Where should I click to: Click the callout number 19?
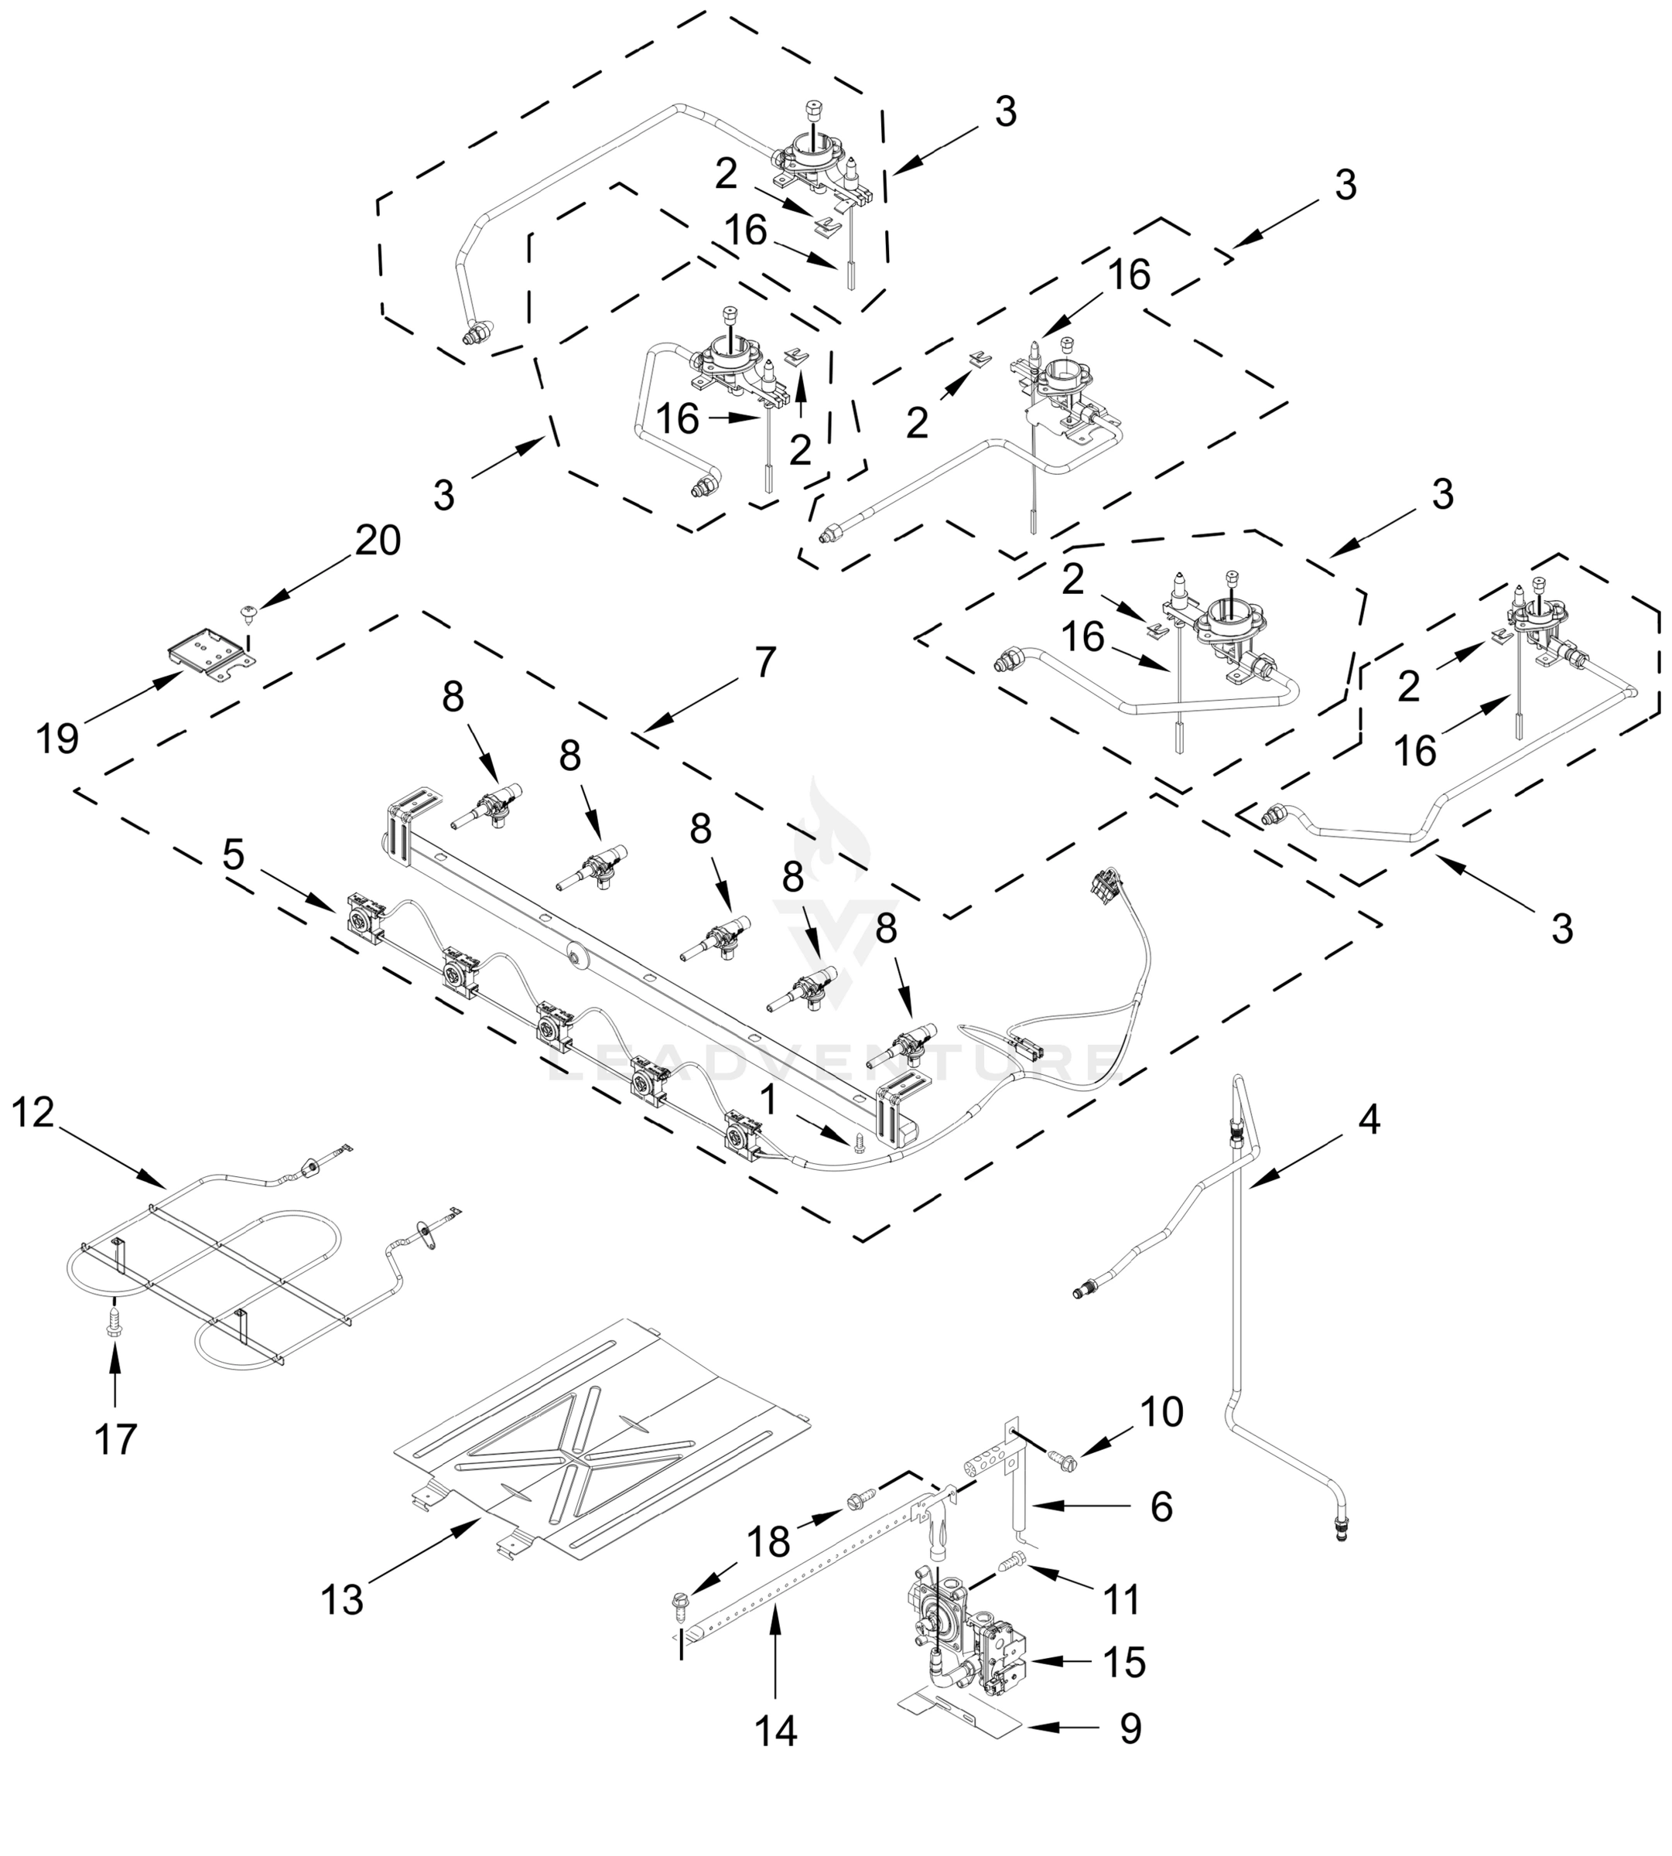pyautogui.click(x=58, y=738)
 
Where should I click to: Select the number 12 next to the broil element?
pyautogui.click(x=34, y=1113)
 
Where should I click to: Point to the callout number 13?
pyautogui.click(x=342, y=1598)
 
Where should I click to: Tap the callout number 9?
pyautogui.click(x=1130, y=1728)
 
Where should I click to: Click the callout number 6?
pyautogui.click(x=1161, y=1507)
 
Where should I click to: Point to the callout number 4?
pyautogui.click(x=1369, y=1120)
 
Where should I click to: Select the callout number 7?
pyautogui.click(x=764, y=661)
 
